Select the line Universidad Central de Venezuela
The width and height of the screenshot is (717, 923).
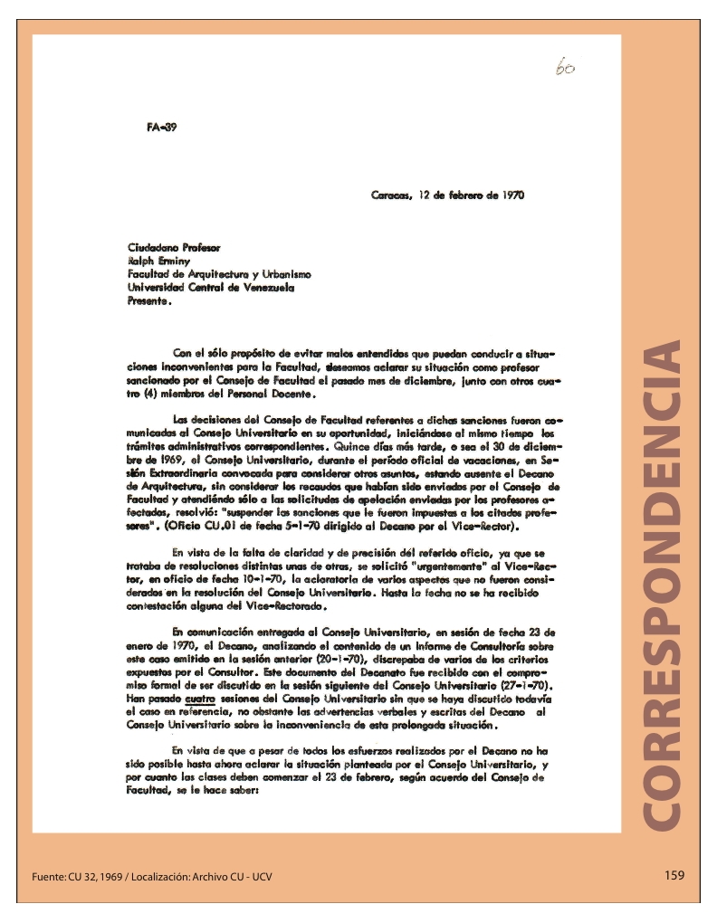click(211, 287)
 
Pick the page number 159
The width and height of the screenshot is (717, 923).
click(674, 874)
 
